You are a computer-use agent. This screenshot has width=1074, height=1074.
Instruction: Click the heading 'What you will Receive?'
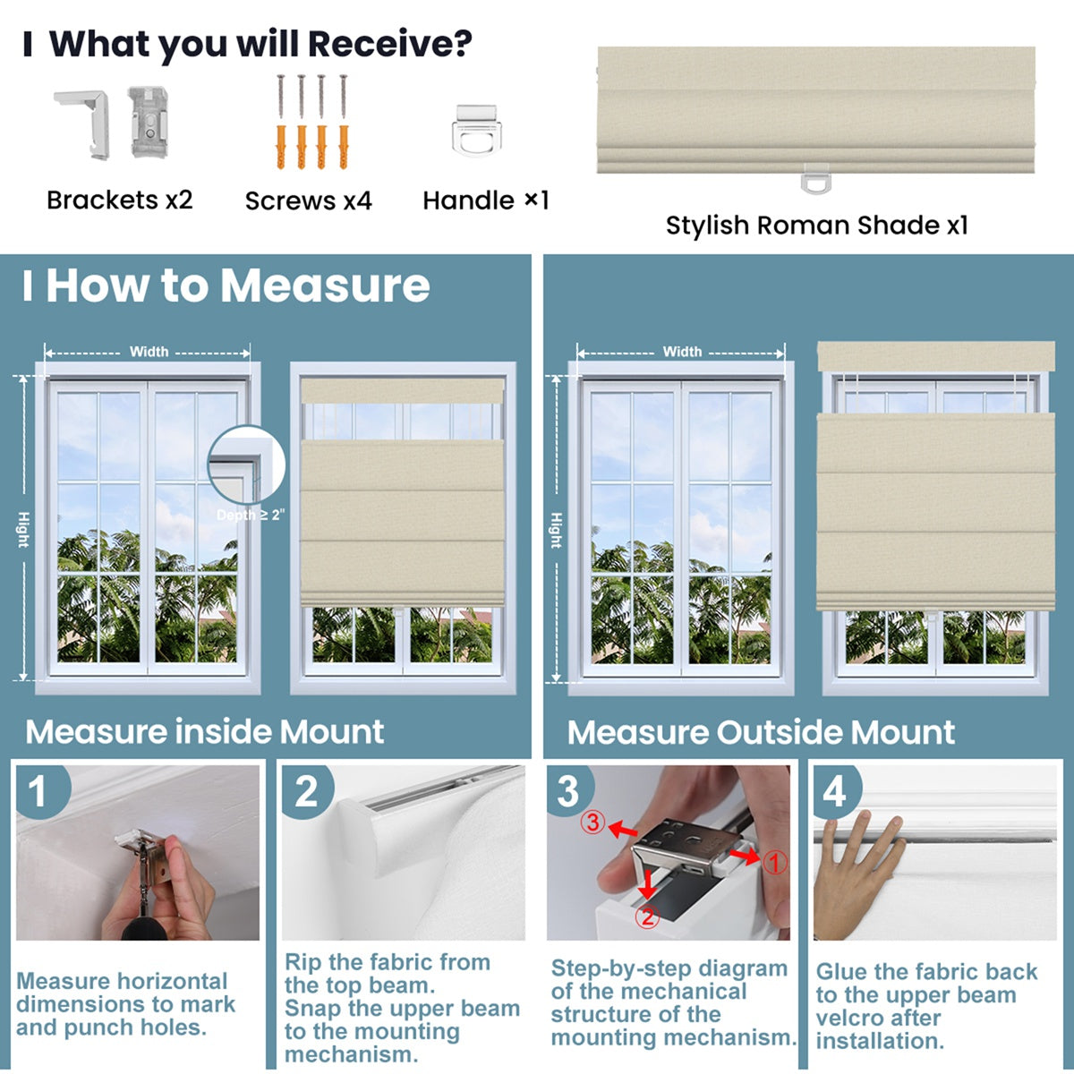(x=260, y=44)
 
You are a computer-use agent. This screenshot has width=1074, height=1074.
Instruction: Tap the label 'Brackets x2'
(x=120, y=200)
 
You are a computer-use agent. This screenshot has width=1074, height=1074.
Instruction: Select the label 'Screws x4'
(x=308, y=200)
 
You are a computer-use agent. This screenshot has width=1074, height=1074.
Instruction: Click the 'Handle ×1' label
(x=485, y=200)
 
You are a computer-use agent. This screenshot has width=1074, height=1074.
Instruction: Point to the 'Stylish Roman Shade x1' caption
(x=816, y=226)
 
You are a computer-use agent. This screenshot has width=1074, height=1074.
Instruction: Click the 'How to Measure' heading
(x=237, y=286)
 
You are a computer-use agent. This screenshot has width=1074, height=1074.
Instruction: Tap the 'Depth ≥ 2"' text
(x=250, y=516)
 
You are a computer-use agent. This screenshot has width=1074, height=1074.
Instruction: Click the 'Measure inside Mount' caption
(x=205, y=732)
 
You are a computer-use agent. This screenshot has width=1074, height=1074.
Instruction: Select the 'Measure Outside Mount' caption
(x=761, y=733)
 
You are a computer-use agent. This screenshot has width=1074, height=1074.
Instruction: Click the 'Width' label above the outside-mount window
(x=682, y=352)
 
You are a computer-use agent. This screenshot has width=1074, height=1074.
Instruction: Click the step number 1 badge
(x=38, y=792)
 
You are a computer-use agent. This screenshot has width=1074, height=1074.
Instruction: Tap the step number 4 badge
(x=834, y=792)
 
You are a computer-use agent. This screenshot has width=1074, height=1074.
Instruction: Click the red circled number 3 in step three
(x=592, y=822)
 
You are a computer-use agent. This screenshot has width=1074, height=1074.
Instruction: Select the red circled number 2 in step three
(x=647, y=916)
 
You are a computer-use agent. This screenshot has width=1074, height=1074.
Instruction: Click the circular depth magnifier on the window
(x=246, y=465)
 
